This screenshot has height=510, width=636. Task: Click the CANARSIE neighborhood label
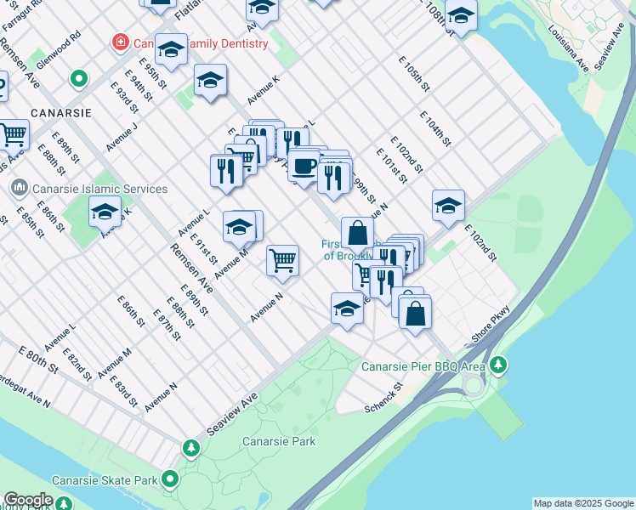point(60,112)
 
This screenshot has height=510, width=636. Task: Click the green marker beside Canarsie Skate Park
point(170,479)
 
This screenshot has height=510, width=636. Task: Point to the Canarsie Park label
point(279,441)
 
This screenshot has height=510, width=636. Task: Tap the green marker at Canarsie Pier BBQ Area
point(498,365)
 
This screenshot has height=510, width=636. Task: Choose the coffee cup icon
point(304,165)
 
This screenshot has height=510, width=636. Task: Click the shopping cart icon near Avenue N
point(282,259)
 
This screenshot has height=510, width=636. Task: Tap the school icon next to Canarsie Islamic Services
point(105,211)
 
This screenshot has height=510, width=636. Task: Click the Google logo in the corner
point(28,500)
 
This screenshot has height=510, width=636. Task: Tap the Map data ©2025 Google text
point(583,503)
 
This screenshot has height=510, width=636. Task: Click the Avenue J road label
point(122,133)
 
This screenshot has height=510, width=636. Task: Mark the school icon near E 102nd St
point(448,205)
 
